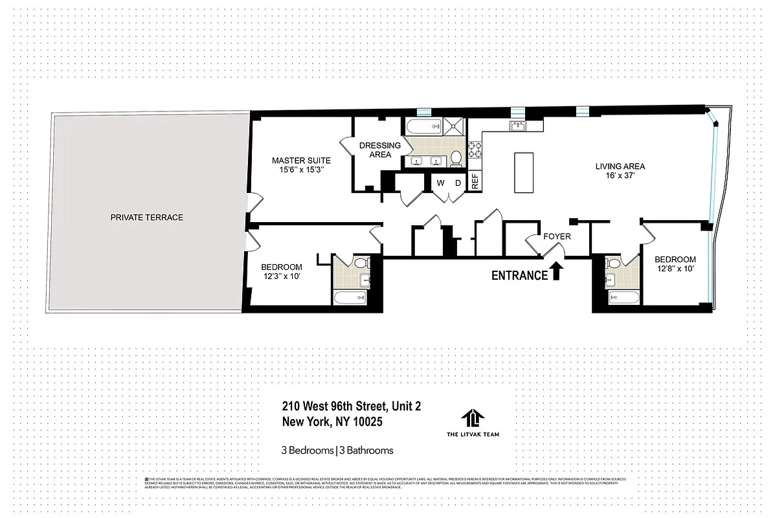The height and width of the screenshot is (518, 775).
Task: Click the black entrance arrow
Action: click(555, 272)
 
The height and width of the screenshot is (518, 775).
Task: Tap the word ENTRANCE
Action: click(519, 275)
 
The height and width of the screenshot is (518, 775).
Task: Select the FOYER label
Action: click(557, 236)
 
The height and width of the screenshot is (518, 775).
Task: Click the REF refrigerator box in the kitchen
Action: click(475, 181)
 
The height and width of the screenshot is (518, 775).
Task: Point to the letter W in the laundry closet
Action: click(440, 183)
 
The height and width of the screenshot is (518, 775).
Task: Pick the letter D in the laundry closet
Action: click(457, 183)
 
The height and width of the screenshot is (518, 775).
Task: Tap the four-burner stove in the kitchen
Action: click(474, 151)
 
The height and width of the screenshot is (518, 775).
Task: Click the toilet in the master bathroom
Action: click(456, 157)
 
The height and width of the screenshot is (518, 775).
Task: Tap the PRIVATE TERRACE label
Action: click(146, 218)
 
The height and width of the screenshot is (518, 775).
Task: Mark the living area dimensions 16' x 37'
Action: click(620, 175)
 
